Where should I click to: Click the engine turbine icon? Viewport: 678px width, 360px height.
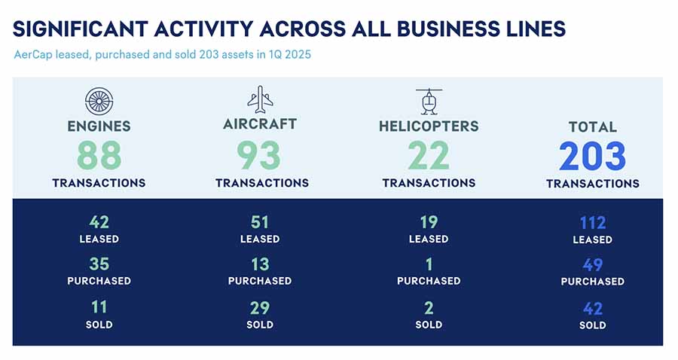click(99, 101)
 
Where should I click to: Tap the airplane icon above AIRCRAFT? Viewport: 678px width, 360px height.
click(261, 99)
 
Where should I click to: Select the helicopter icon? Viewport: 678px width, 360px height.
click(429, 102)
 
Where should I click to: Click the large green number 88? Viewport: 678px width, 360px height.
click(99, 156)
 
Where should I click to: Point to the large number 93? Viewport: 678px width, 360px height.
click(259, 156)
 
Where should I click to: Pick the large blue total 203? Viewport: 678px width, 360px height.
click(592, 156)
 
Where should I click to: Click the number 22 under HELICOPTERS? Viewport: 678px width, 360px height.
click(429, 156)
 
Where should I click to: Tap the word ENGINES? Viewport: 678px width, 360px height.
click(99, 127)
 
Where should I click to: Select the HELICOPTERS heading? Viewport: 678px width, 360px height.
click(429, 127)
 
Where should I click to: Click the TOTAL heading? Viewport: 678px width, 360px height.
click(592, 127)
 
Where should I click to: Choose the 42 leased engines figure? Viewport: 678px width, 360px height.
click(99, 222)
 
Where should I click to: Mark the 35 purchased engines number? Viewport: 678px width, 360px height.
click(99, 264)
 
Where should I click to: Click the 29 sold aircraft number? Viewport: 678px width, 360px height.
click(260, 308)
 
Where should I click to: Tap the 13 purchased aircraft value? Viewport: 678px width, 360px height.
click(260, 264)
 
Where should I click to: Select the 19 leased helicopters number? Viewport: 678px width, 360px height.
click(429, 222)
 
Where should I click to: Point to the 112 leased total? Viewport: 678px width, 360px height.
click(593, 223)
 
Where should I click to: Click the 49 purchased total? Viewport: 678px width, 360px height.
click(593, 265)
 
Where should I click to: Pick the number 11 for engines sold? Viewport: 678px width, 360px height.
click(99, 307)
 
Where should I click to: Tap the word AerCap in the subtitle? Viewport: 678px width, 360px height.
click(33, 55)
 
